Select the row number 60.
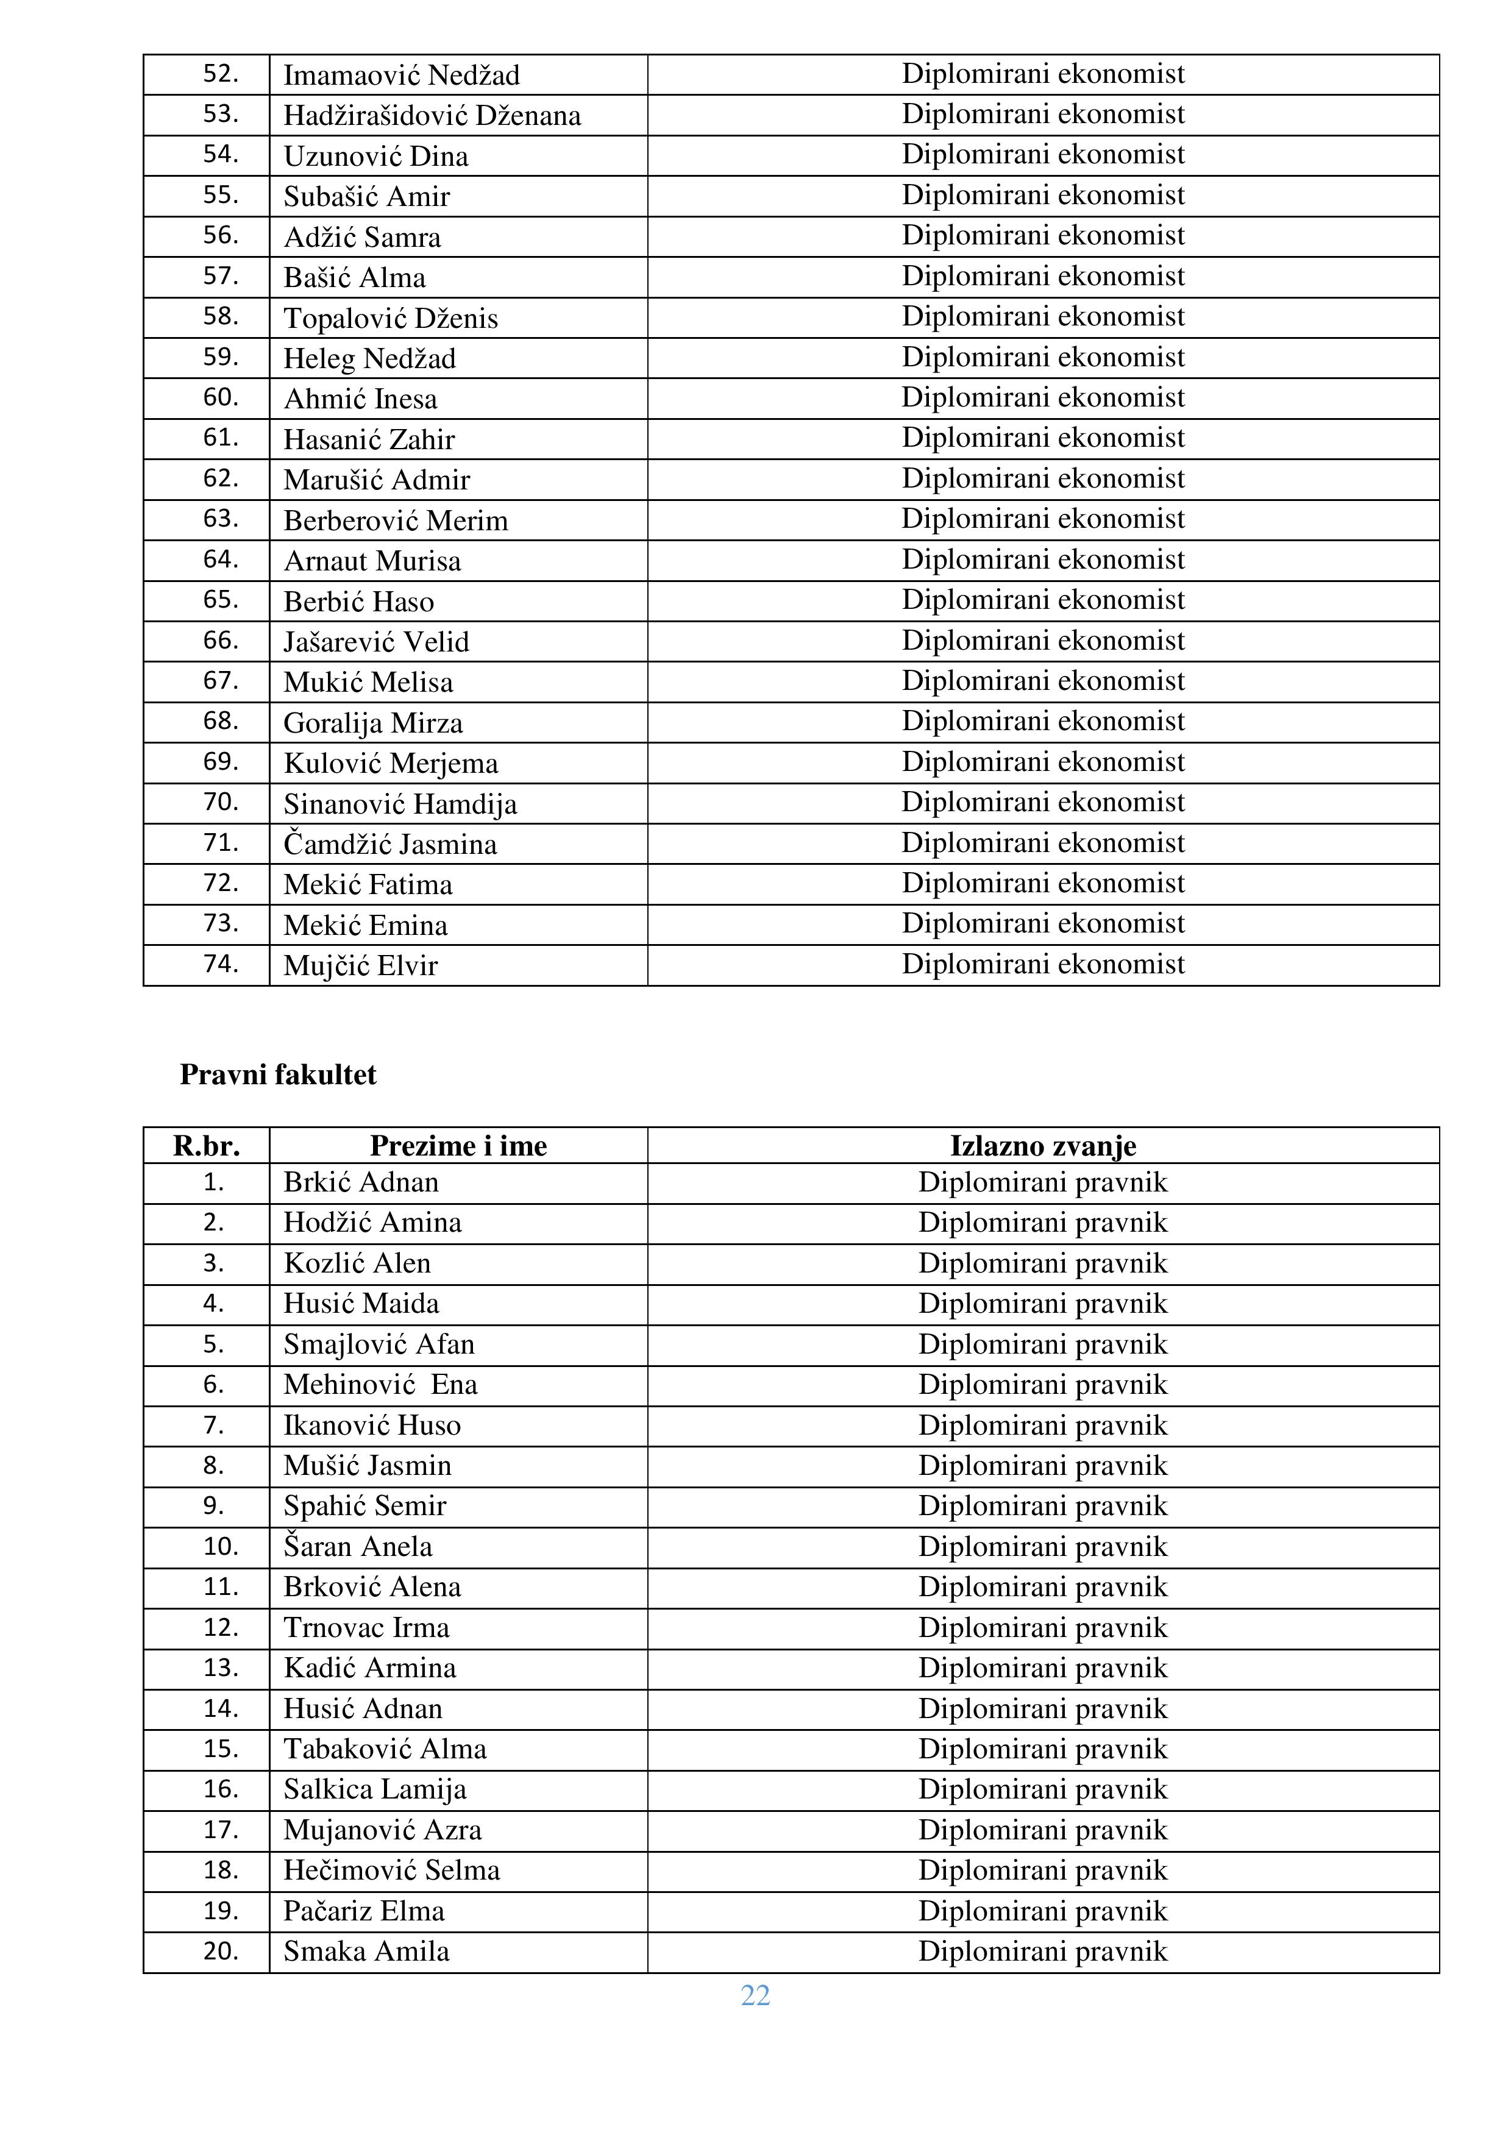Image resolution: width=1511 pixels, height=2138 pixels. coord(221,397)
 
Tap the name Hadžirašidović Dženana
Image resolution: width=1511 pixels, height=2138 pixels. coord(432,115)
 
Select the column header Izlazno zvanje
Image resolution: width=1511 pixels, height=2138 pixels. coord(1043,1145)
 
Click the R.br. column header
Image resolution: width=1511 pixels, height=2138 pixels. coord(206,1145)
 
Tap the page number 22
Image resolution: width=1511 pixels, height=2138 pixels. coord(755,1995)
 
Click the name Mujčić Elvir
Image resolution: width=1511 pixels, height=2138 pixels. coord(360,965)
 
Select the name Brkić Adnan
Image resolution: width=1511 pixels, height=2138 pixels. coord(360,1182)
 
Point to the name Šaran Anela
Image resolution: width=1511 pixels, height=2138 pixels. coord(358,1547)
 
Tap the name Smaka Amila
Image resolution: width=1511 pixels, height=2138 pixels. coord(366,1951)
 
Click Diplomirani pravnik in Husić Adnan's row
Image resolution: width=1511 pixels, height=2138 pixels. coord(1043,1709)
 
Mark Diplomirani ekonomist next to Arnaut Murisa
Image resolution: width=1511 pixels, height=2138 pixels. coord(1043,559)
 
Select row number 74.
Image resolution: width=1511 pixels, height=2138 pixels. coord(221,964)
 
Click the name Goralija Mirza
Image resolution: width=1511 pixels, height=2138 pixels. coord(372,723)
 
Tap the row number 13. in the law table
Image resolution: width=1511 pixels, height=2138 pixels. coord(221,1667)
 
